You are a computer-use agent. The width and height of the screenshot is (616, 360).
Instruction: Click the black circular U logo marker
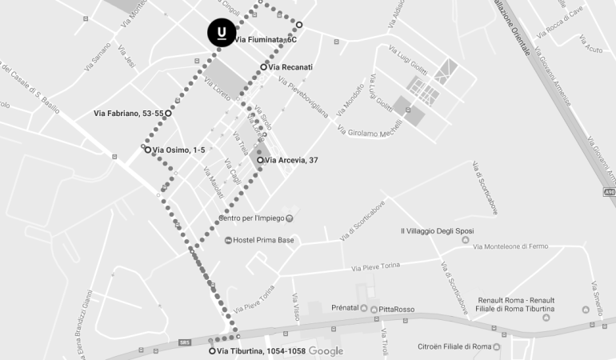pyautogui.click(x=222, y=33)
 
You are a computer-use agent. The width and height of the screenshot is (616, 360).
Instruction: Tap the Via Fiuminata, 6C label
pyautogui.click(x=266, y=39)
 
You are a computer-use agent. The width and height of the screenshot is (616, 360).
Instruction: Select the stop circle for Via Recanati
pyautogui.click(x=263, y=67)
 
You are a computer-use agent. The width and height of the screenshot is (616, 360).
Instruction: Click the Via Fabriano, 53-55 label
pyautogui.click(x=128, y=114)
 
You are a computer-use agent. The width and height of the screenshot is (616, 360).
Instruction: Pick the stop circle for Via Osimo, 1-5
pyautogui.click(x=148, y=150)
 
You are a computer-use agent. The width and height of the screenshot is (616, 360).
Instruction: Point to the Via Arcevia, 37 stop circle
pyautogui.click(x=260, y=160)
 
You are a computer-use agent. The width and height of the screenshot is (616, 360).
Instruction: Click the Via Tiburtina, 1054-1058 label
pyautogui.click(x=261, y=351)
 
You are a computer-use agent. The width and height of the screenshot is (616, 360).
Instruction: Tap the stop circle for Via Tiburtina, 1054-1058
pyautogui.click(x=212, y=351)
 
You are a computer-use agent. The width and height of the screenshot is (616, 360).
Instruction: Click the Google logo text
pyautogui.click(x=326, y=351)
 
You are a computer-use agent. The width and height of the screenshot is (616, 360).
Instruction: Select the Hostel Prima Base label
pyautogui.click(x=264, y=240)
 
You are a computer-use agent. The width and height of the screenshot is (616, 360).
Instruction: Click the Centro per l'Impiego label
pyautogui.click(x=251, y=218)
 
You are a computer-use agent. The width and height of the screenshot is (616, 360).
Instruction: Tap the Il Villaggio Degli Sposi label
pyautogui.click(x=435, y=231)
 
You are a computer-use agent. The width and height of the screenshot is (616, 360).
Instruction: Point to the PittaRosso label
pyautogui.click(x=397, y=309)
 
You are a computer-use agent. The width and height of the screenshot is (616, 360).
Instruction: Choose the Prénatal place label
pyautogui.click(x=345, y=308)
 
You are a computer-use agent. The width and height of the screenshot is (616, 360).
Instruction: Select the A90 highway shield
pyautogui.click(x=610, y=192)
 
